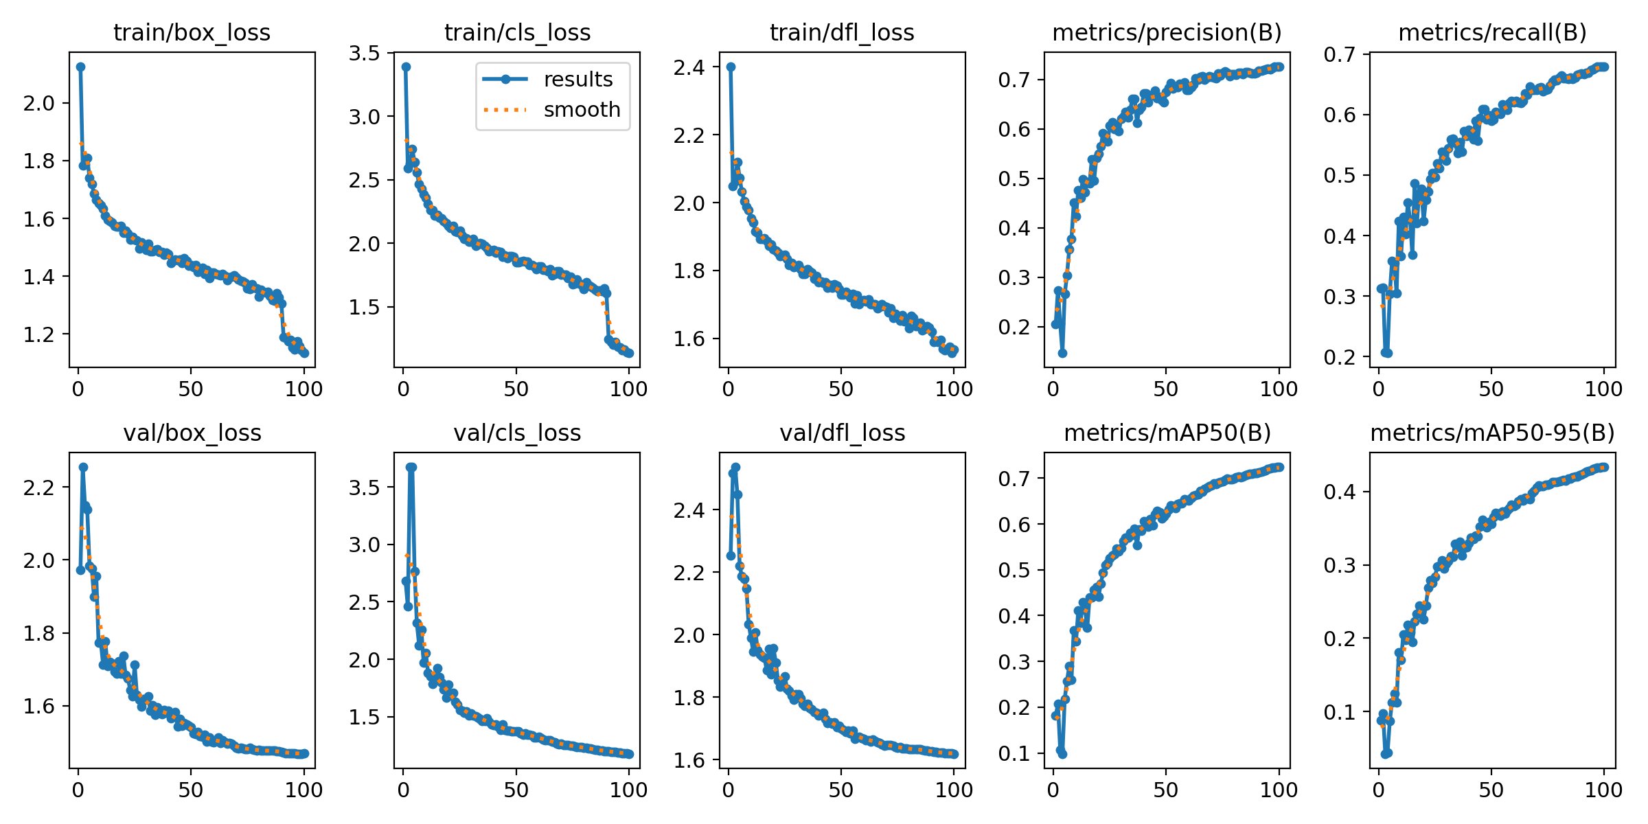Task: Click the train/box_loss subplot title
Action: click(192, 32)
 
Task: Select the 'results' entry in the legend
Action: click(577, 80)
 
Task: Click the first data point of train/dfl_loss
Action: click(731, 67)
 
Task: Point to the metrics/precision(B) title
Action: click(1167, 32)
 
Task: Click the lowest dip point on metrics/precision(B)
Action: click(1062, 353)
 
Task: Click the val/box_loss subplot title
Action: click(192, 433)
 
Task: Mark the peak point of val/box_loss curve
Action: click(83, 467)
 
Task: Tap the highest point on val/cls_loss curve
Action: click(411, 467)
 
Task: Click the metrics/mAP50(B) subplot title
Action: click(1167, 433)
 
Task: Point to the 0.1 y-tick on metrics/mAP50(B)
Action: click(1014, 753)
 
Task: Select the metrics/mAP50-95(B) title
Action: click(1492, 433)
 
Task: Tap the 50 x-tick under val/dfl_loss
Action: click(840, 790)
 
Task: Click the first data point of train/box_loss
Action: click(80, 67)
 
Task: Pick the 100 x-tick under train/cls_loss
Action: click(628, 389)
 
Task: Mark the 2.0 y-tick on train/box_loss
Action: click(38, 103)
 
